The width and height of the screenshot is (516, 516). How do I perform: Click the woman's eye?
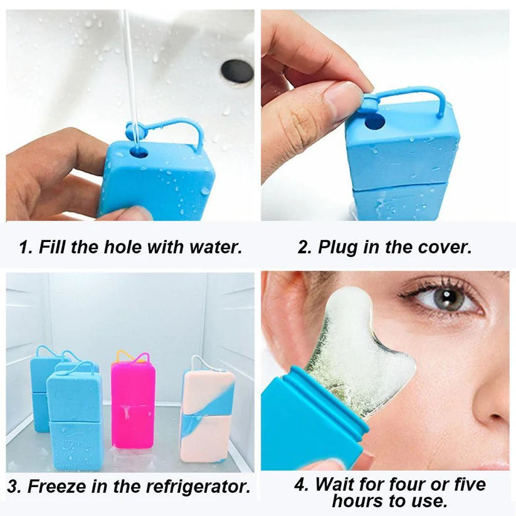[447, 298]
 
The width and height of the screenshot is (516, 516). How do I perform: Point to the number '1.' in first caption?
[26, 246]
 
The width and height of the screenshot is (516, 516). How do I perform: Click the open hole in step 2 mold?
[374, 120]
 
